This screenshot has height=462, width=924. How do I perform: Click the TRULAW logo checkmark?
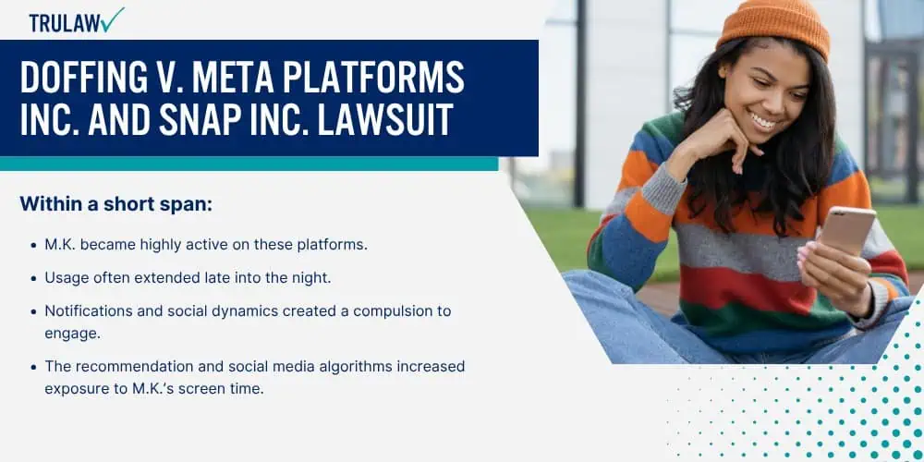[112, 19]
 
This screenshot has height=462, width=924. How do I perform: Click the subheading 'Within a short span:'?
[116, 204]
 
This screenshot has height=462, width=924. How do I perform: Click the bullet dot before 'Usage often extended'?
[33, 279]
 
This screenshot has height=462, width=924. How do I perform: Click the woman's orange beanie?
[772, 27]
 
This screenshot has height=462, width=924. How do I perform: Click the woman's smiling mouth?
[764, 122]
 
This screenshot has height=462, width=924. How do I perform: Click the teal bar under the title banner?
[249, 164]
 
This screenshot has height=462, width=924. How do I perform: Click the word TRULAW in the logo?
[64, 22]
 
